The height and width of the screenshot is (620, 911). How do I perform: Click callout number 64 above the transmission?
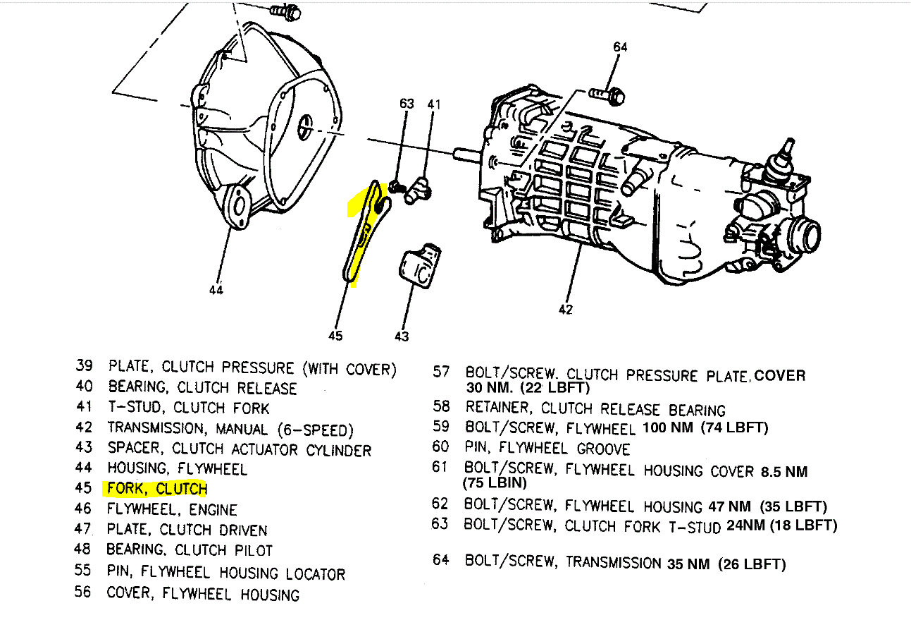click(x=620, y=47)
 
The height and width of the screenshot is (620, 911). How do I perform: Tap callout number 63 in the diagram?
click(x=407, y=104)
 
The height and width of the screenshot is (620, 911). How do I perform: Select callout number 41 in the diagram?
click(x=433, y=104)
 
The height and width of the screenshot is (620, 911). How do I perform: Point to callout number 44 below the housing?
click(x=216, y=290)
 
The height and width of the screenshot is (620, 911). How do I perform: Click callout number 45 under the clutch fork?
click(x=335, y=336)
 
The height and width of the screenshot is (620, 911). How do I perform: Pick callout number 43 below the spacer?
click(x=402, y=336)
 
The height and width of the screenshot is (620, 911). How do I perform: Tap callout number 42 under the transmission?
click(x=566, y=309)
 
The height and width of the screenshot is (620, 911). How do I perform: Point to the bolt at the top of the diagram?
click(x=285, y=11)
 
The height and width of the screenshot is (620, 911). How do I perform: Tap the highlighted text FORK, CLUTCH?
click(x=157, y=489)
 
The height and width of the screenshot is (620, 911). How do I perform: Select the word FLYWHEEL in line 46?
click(x=138, y=509)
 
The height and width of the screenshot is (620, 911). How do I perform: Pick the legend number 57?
click(x=441, y=371)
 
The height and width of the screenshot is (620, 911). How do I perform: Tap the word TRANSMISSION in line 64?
click(x=614, y=562)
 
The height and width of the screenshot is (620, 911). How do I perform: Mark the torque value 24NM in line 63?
click(x=745, y=525)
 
